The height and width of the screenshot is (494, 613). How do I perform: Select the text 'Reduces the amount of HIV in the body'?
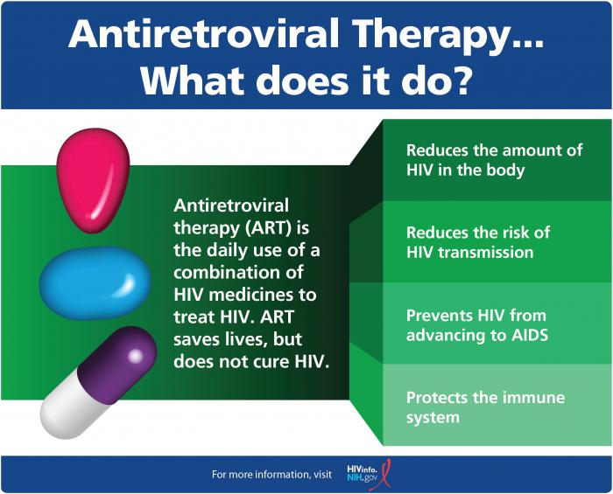point(493,160)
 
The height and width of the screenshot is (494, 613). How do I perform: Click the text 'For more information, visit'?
point(271,475)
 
